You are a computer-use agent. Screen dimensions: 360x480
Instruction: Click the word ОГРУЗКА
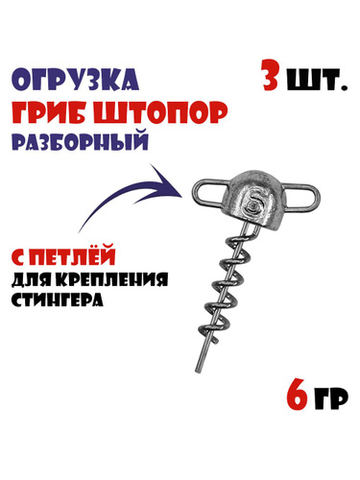coord(77,80)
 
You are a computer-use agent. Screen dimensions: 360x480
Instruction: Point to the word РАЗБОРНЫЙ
coord(81,142)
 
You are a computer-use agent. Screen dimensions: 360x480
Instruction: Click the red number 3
coord(270,75)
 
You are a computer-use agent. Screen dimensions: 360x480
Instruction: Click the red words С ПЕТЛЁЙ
coord(64,253)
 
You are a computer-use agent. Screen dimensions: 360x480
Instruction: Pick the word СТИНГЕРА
coord(58,300)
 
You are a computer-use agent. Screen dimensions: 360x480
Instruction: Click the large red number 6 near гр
coord(296,396)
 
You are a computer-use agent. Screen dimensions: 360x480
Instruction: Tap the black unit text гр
coord(331,399)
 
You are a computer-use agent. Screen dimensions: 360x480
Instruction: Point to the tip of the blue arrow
coord(181,196)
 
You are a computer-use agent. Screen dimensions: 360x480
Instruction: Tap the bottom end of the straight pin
coord(198,372)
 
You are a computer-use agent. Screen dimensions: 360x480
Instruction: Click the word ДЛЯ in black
coord(32,280)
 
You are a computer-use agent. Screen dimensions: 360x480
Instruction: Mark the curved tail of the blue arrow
coord(106,203)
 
